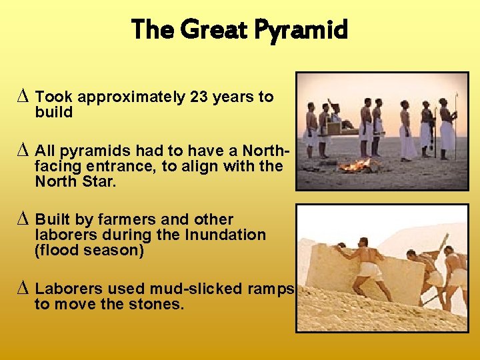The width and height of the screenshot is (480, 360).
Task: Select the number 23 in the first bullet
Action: coord(198,97)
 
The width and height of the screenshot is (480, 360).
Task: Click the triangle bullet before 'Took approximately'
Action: coord(25,97)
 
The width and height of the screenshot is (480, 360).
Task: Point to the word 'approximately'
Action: coord(130,97)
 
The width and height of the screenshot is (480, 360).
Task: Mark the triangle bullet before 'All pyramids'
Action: coord(25,149)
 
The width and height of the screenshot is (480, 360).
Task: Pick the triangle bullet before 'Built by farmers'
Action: coord(25,219)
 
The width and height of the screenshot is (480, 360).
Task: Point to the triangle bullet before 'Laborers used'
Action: coord(25,289)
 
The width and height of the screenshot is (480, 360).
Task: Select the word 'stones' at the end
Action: coord(161,305)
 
